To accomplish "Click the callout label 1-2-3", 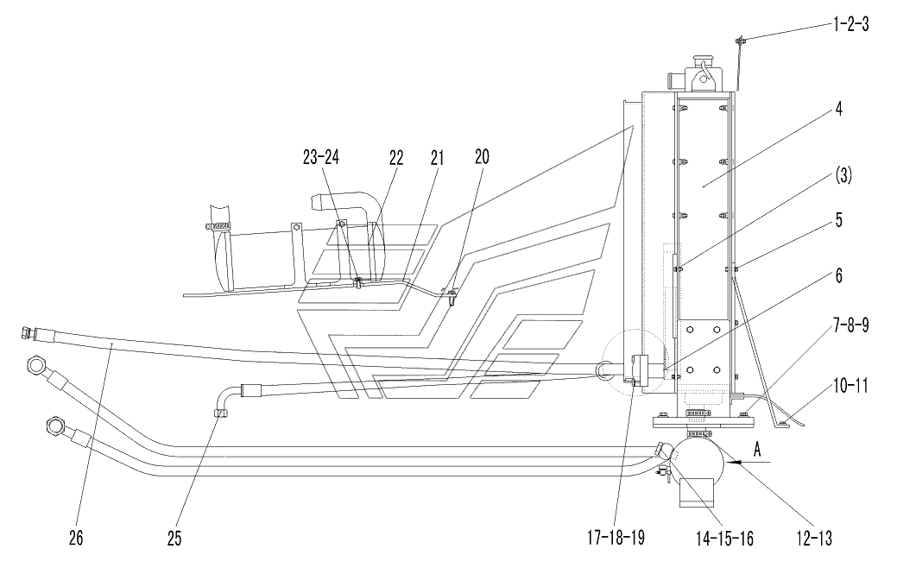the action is [850, 24].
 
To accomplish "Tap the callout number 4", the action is [838, 108].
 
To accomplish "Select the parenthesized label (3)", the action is [843, 176].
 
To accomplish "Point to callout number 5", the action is [838, 219].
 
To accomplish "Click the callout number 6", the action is [838, 275].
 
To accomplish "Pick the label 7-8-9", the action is [850, 325].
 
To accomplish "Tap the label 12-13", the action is [814, 538].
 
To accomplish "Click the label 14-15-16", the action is [724, 538].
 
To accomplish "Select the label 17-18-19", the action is [616, 538].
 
